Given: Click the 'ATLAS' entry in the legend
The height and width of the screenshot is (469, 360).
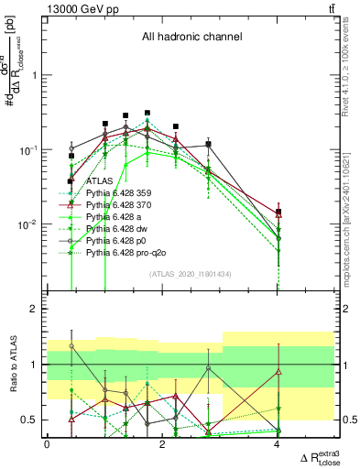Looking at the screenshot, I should [x=99, y=180].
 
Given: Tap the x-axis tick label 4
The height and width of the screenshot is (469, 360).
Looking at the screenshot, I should [x=278, y=444].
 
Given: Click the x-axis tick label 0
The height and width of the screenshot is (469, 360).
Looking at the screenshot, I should [x=47, y=444].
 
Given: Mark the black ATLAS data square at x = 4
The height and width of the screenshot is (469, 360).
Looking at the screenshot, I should [x=278, y=212].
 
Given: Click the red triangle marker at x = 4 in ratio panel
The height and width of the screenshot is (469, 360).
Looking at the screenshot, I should [x=278, y=371].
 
